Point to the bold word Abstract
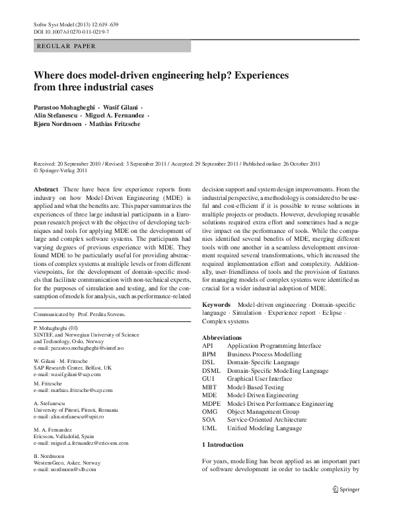(x=45, y=189)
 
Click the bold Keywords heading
(x=216, y=304)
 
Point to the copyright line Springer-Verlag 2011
(x=60, y=170)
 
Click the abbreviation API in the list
(x=207, y=345)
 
